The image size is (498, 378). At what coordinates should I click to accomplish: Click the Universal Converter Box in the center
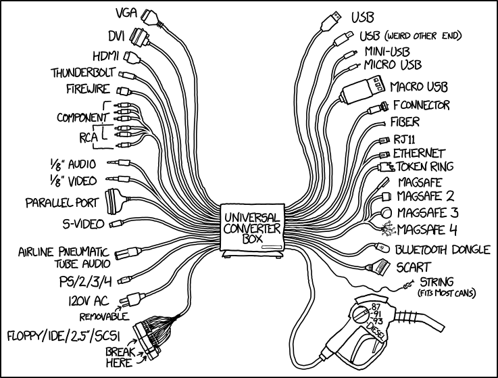(249, 231)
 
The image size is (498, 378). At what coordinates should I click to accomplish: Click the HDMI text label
(103, 55)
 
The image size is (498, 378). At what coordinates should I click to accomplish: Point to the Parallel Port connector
(113, 201)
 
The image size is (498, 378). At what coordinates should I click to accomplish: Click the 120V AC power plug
(126, 300)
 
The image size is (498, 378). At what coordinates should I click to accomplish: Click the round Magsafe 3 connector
(387, 212)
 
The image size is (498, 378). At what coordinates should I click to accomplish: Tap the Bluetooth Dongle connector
(382, 249)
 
